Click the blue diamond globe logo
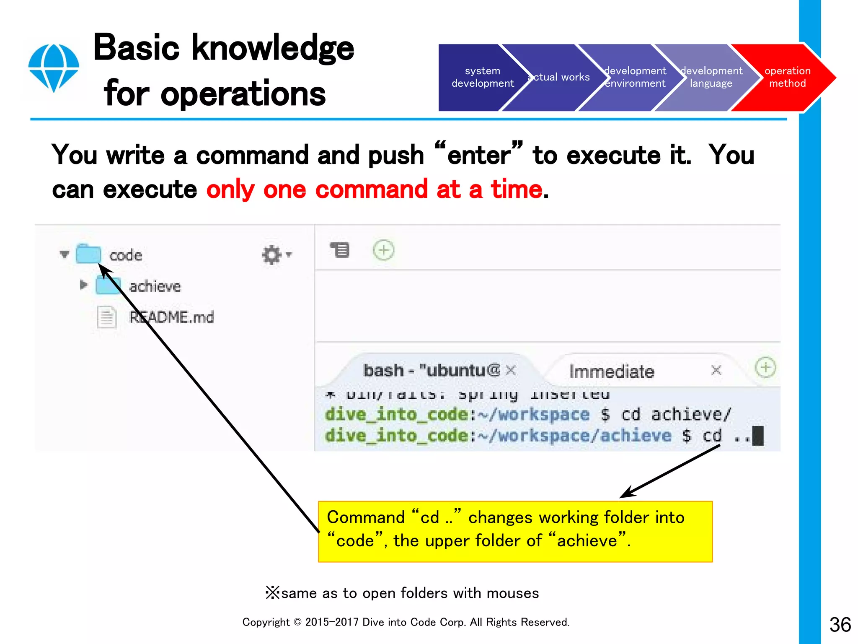pyautogui.click(x=54, y=68)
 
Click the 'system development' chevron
pyautogui.click(x=478, y=77)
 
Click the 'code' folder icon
pyautogui.click(x=88, y=254)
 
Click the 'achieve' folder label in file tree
pyautogui.click(x=155, y=286)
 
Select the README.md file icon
pyautogui.click(x=106, y=317)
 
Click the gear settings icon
pyautogui.click(x=272, y=254)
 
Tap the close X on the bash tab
pyautogui.click(x=510, y=370)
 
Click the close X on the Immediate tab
pyautogui.click(x=716, y=370)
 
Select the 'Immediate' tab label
pyautogui.click(x=611, y=371)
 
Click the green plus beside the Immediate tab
pyautogui.click(x=765, y=368)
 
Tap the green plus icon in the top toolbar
pyautogui.click(x=383, y=250)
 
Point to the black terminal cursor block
pyautogui.click(x=758, y=436)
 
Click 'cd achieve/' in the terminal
pyautogui.click(x=676, y=415)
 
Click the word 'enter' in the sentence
pyautogui.click(x=478, y=156)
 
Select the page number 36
pyautogui.click(x=840, y=625)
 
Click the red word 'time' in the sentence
pyautogui.click(x=516, y=190)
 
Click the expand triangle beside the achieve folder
pyautogui.click(x=83, y=285)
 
